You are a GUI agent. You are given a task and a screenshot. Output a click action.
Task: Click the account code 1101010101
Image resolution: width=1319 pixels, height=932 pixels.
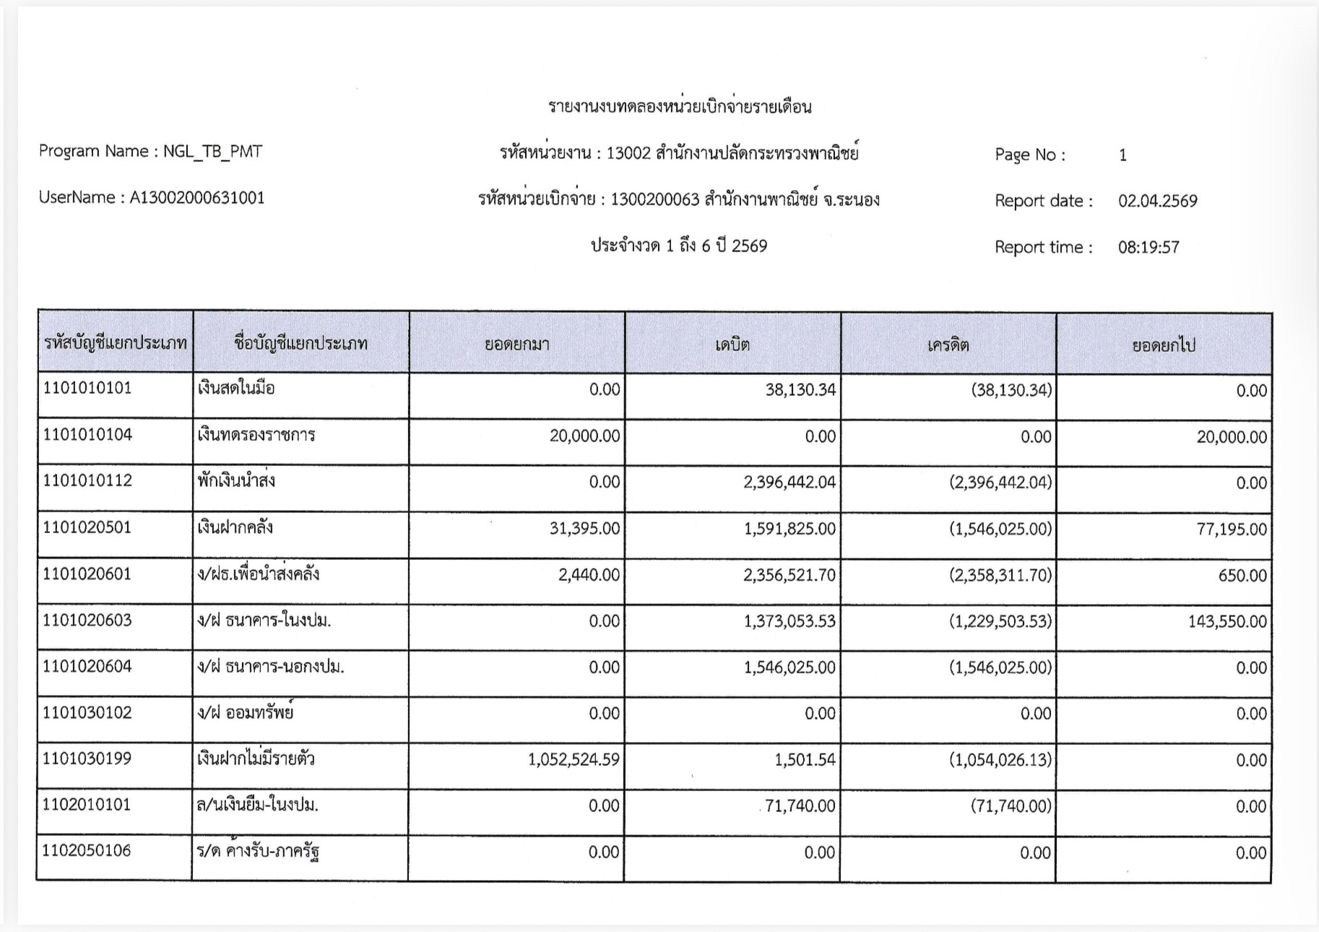87,389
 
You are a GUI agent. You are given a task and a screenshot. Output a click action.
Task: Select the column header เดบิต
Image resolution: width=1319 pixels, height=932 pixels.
732,345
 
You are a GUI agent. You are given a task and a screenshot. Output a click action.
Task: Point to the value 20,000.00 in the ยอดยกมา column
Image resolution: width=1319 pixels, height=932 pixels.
584,436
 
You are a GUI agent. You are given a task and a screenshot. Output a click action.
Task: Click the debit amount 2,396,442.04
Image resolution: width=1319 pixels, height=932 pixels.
790,482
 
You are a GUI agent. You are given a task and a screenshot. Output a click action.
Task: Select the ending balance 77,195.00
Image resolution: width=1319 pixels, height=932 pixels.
1232,529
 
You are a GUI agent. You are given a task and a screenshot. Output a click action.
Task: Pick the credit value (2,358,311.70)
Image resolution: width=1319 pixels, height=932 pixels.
1000,575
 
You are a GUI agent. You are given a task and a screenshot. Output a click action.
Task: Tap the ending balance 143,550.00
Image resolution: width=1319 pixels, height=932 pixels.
1227,621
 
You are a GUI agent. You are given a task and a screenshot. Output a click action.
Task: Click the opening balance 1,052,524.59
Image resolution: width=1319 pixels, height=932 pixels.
574,760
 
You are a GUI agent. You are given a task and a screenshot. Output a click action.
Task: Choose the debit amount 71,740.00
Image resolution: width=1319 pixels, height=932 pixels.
800,806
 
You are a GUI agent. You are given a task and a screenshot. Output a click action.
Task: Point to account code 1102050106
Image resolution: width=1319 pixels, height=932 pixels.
87,850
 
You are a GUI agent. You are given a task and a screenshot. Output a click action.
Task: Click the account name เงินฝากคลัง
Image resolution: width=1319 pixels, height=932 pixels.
235,527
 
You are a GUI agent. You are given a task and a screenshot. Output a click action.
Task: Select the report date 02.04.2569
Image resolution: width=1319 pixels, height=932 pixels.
1157,201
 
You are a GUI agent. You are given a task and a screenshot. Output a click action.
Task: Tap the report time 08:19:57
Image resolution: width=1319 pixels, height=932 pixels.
1149,247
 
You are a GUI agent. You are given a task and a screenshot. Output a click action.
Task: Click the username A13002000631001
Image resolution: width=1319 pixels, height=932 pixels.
196,198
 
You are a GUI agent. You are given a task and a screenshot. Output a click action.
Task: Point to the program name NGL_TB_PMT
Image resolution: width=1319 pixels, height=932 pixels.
212,152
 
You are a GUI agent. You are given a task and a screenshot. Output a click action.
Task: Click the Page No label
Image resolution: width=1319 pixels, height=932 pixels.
1029,155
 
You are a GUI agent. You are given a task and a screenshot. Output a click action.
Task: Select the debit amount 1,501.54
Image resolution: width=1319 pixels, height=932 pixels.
805,760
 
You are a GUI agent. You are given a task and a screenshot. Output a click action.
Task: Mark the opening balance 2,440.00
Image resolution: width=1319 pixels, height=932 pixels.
589,575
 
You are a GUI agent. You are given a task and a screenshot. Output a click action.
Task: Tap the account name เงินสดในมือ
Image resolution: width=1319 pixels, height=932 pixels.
235,389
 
